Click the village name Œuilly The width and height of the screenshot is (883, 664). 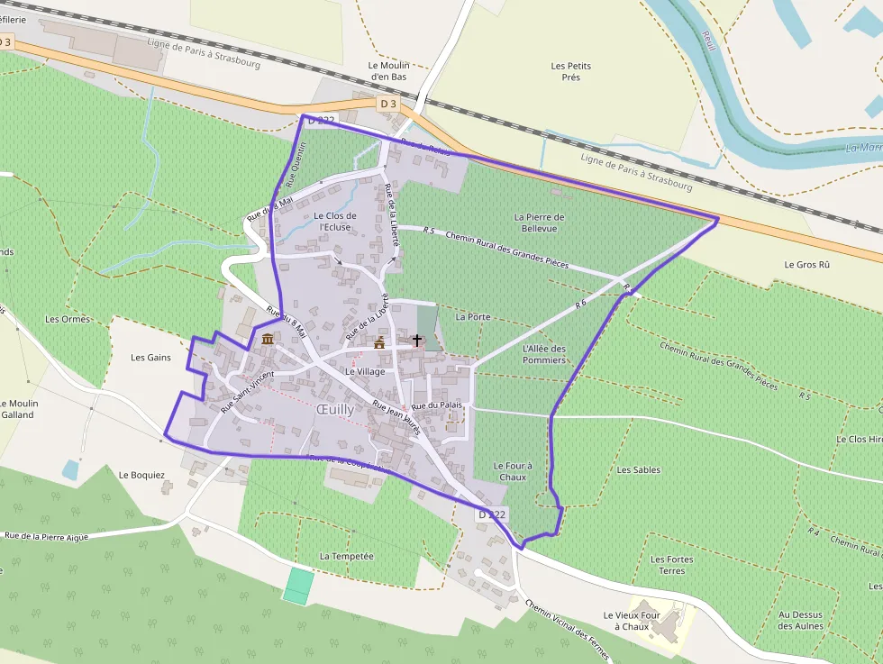(335, 408)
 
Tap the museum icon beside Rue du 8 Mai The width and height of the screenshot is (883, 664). (268, 340)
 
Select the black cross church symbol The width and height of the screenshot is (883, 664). (416, 341)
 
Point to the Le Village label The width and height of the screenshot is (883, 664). (365, 371)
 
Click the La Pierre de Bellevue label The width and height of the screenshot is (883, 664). (540, 223)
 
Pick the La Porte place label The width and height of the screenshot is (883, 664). (473, 317)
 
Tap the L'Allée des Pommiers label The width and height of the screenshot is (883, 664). (544, 354)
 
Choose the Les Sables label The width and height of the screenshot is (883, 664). (639, 470)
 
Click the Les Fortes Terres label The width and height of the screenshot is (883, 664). (672, 565)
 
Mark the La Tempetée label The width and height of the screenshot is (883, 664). (346, 556)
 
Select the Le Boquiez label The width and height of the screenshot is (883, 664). (141, 475)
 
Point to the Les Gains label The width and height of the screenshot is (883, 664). (150, 358)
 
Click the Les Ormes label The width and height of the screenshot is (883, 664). (68, 319)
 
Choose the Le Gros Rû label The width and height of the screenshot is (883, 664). (806, 265)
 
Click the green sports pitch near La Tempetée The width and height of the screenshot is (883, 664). (297, 586)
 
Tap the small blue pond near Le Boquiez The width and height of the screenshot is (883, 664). (70, 469)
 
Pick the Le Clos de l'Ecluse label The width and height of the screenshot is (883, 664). (335, 222)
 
